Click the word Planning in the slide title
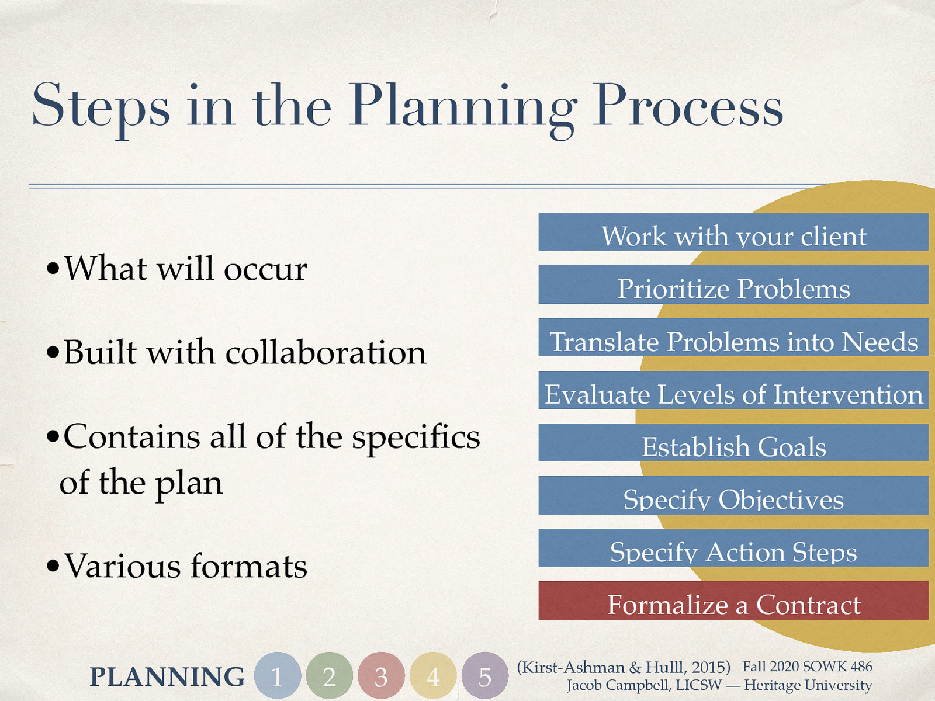(462, 108)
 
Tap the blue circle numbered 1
(278, 676)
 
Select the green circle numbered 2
(330, 676)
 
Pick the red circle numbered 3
(381, 676)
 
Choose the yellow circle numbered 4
(433, 676)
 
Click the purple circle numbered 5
(484, 676)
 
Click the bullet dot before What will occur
(53, 270)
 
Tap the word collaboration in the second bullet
(325, 353)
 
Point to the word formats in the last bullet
(248, 566)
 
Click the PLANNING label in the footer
(167, 677)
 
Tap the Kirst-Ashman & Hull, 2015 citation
(624, 667)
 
